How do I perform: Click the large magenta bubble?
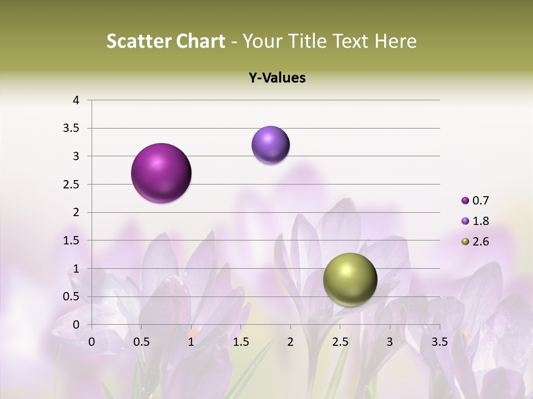coord(162,173)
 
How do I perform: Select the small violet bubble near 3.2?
coord(270,145)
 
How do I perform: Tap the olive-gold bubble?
coord(350,280)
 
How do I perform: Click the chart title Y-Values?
coord(277,78)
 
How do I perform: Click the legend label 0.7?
coord(480,201)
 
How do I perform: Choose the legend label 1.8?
coord(480,221)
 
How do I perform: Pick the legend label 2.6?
coord(480,242)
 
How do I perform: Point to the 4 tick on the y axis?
coord(76,100)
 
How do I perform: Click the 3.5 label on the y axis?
coord(72,129)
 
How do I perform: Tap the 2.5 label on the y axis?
coord(72,185)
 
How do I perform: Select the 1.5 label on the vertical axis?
coord(72,241)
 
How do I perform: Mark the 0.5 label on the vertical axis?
coord(72,297)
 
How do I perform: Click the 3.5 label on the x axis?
coord(440,342)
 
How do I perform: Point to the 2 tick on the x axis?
coord(290,342)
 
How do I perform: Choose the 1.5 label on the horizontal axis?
coord(240,342)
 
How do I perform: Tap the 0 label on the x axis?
coord(92,342)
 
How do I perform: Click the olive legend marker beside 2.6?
coord(465,242)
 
